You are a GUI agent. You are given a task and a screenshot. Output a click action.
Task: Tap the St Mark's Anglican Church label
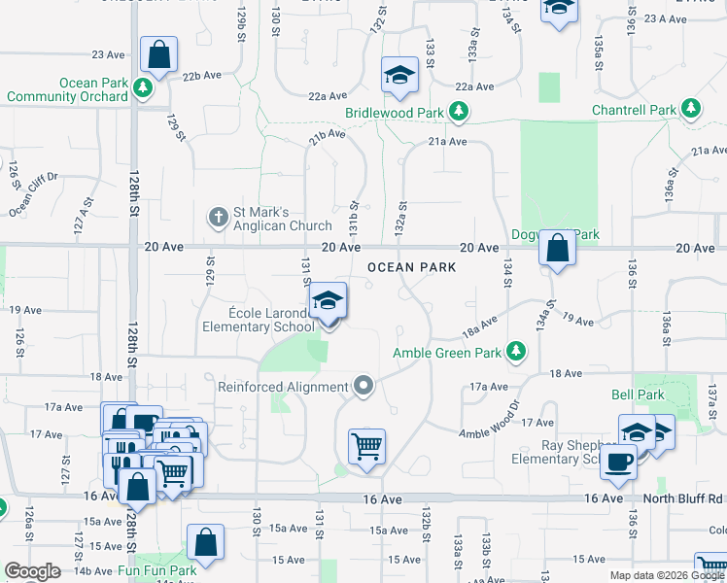coord(270,220)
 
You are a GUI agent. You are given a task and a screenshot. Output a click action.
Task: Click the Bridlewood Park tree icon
coord(458,113)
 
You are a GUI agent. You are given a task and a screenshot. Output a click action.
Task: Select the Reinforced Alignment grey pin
coord(363,387)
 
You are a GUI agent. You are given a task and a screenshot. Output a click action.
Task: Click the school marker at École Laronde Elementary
coord(329,301)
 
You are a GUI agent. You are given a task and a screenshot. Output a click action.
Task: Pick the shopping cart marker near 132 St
coord(367,448)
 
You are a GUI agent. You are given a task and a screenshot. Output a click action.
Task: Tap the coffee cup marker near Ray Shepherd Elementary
coord(618,463)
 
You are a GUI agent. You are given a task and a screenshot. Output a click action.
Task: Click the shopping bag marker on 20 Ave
coord(557,249)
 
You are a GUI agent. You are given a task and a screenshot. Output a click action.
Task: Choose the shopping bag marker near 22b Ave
coord(158,55)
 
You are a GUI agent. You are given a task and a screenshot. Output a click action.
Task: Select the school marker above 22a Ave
coord(398,76)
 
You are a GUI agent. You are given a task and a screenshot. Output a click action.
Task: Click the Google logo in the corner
coord(32,571)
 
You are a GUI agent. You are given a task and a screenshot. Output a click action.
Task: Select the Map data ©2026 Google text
coord(666,575)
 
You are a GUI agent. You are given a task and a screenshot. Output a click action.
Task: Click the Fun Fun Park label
coord(157,571)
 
